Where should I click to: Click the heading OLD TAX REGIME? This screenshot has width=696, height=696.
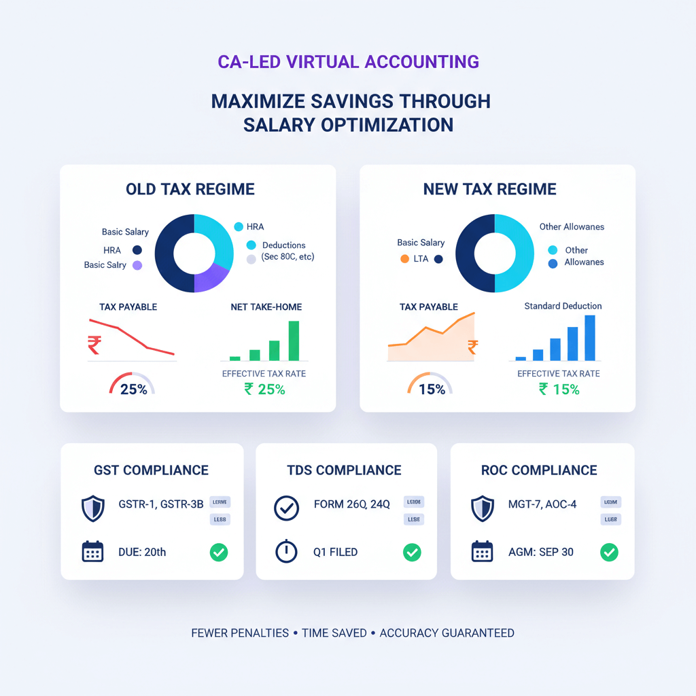(x=190, y=189)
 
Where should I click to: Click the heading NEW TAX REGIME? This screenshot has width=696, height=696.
(x=489, y=189)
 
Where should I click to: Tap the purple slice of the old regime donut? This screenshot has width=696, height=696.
(x=210, y=277)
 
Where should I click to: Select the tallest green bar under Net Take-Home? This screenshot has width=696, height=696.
(x=294, y=340)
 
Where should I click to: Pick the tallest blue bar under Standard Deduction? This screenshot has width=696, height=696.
(x=589, y=337)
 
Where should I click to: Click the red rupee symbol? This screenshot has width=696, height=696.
(x=94, y=345)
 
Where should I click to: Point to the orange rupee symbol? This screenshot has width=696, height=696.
(x=472, y=347)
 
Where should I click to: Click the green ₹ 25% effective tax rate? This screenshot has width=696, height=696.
(x=264, y=389)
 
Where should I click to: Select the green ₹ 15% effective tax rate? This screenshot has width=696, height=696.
(x=559, y=389)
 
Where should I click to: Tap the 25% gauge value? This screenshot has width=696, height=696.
(x=133, y=390)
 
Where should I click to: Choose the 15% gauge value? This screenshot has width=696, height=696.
(x=431, y=389)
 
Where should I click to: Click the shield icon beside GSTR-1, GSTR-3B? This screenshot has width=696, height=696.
(x=92, y=508)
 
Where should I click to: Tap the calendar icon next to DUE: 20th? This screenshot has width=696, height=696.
(x=92, y=552)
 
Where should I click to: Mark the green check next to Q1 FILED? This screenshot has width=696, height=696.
(x=412, y=552)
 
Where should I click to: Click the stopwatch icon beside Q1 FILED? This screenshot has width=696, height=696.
(x=286, y=551)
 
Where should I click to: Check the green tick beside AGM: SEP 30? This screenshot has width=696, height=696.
(x=609, y=552)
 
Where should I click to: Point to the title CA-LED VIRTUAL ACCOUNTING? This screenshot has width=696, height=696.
(x=348, y=61)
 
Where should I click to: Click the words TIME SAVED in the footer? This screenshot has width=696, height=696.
(x=334, y=633)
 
